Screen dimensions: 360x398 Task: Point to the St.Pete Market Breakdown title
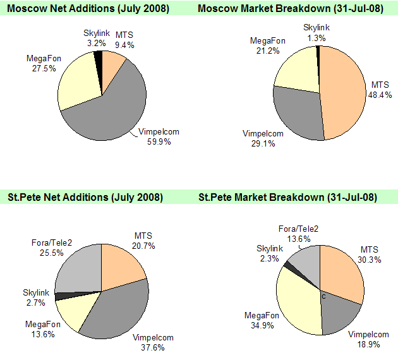pyautogui.click(x=288, y=197)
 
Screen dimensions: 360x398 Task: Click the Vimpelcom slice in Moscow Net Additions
pyautogui.click(x=111, y=111)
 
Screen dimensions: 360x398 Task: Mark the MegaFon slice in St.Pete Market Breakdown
pyautogui.click(x=297, y=297)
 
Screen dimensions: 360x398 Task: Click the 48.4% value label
pyautogui.click(x=380, y=94)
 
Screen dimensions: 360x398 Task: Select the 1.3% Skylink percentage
pyautogui.click(x=316, y=37)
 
